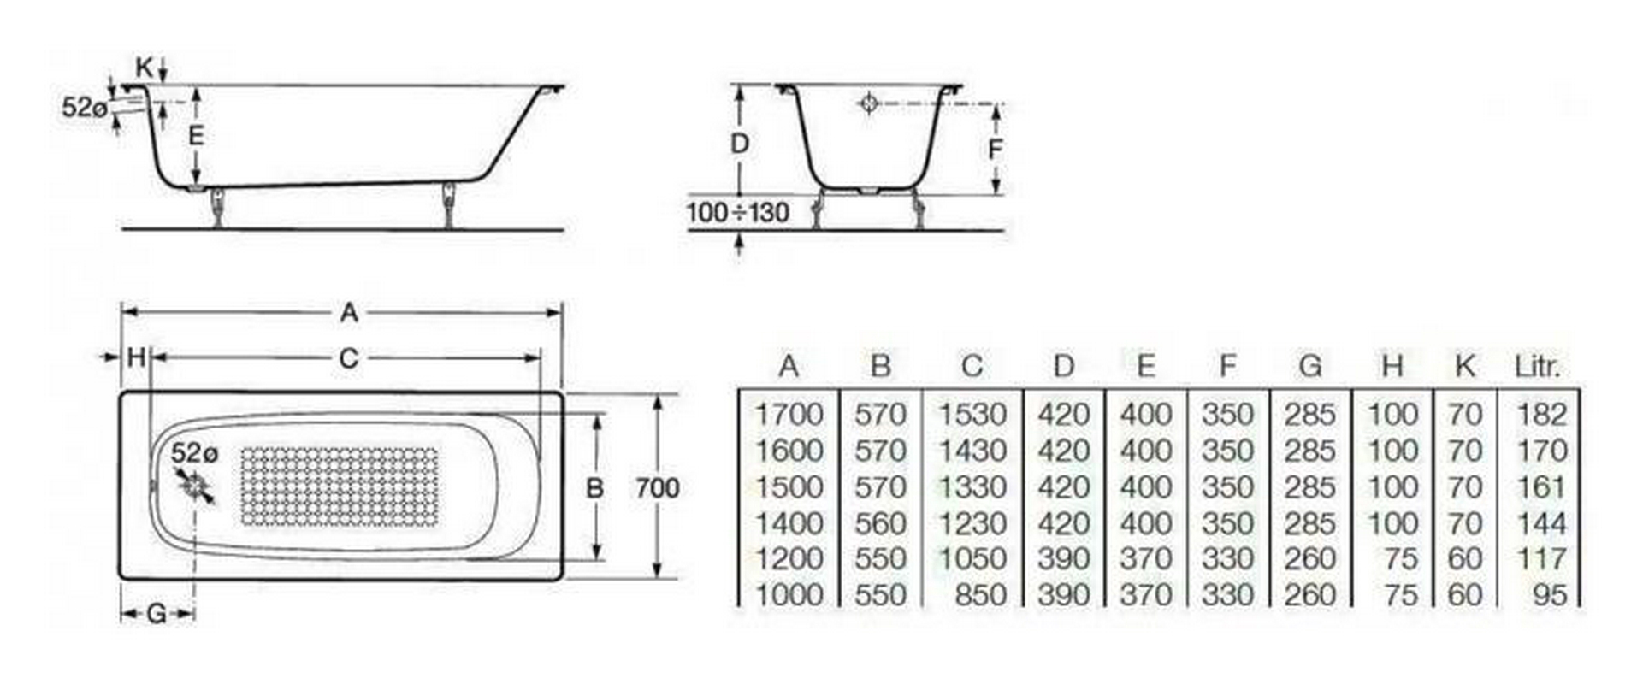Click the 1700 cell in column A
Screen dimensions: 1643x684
788,415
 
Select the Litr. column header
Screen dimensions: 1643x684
1538,366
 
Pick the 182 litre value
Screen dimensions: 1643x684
1541,415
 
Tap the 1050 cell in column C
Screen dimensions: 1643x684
972,559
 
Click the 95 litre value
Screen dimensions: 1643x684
1550,595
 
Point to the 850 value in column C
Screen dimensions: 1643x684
980,595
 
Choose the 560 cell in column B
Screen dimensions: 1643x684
880,523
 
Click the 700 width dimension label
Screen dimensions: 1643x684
657,488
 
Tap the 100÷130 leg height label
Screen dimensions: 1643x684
738,212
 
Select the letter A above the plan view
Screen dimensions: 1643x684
348,313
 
